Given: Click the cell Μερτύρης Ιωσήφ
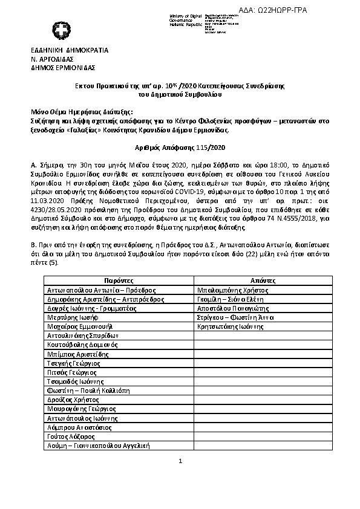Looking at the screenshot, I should (71, 317).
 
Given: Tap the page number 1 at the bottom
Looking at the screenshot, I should (180, 461).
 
